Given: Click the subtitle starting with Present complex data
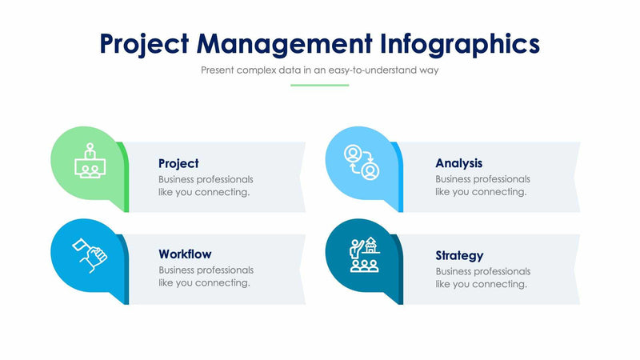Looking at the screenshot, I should pyautogui.click(x=319, y=70).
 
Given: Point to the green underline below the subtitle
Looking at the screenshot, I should pyautogui.click(x=319, y=85).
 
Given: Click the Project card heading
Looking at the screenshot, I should pyautogui.click(x=178, y=163).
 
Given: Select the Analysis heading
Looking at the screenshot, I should pyautogui.click(x=458, y=163).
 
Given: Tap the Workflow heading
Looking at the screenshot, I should pyautogui.click(x=185, y=254).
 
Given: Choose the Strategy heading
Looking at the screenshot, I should pyautogui.click(x=459, y=255).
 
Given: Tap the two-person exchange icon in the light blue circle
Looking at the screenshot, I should pyautogui.click(x=360, y=162).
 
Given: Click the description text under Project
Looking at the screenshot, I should pyautogui.click(x=206, y=186).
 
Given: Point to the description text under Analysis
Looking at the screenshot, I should pyautogui.click(x=482, y=186).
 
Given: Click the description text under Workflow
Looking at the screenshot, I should pyautogui.click(x=206, y=277).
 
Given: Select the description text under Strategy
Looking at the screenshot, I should pyautogui.click(x=482, y=277).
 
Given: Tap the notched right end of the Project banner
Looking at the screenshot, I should pyautogui.click(x=301, y=177).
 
